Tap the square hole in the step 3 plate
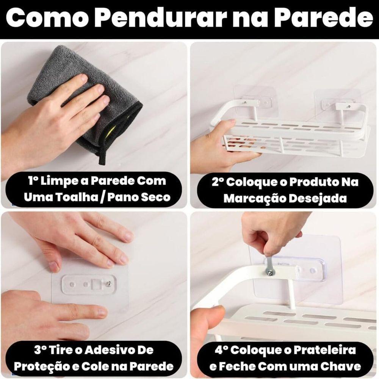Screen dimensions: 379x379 tap(97, 283)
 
